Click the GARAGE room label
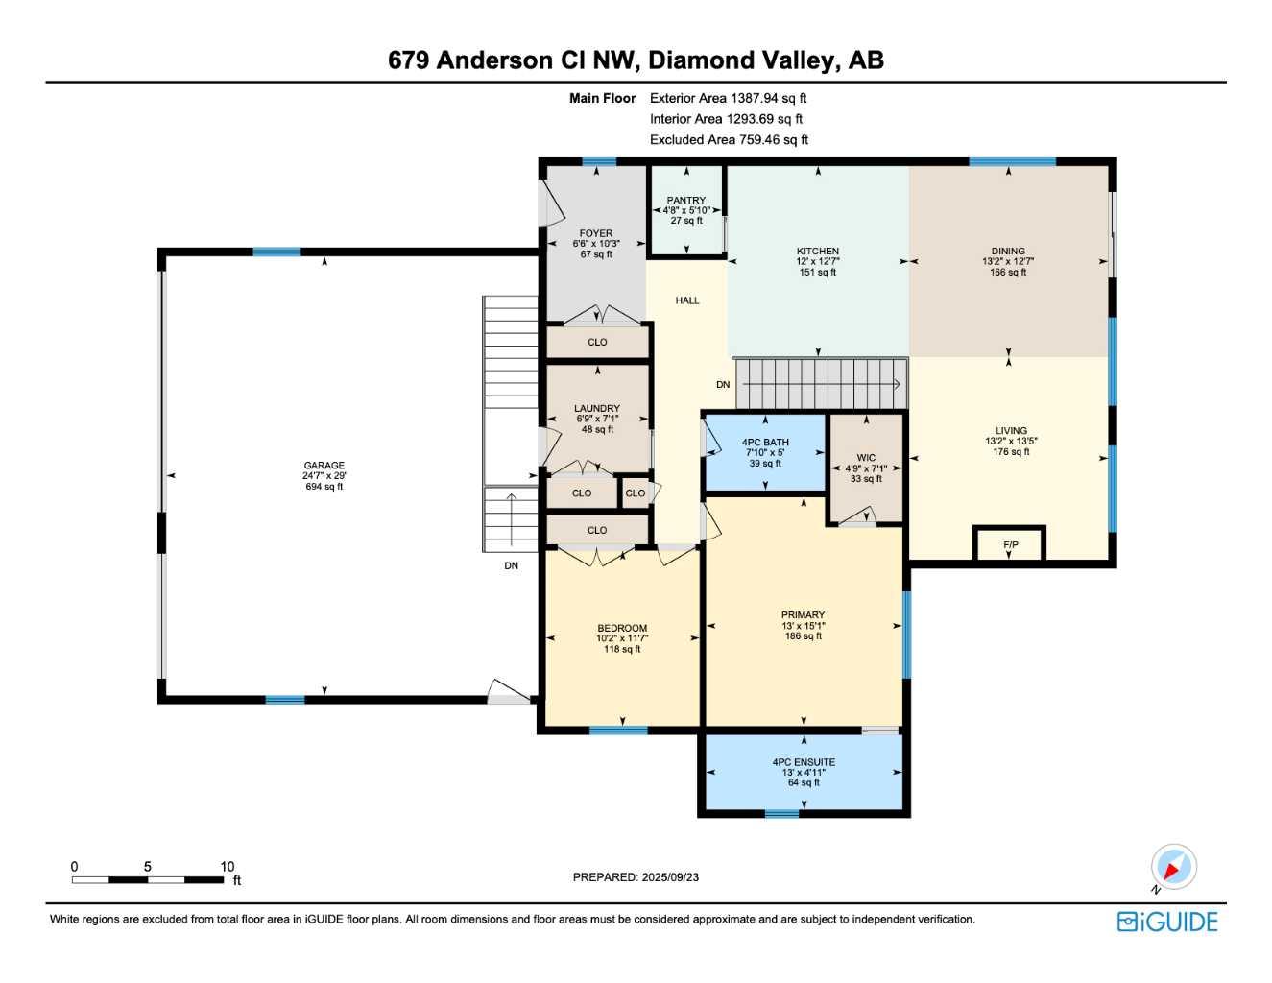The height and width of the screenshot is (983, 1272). [324, 466]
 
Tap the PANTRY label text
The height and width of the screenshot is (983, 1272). [685, 201]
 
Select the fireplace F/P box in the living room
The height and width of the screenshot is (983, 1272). [1010, 544]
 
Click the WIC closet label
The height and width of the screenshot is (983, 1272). [866, 458]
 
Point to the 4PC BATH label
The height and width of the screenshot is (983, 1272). [765, 443]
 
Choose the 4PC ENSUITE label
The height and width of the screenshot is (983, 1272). [804, 762]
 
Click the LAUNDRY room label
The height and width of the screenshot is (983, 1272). [597, 409]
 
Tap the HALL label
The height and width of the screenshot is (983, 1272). [687, 300]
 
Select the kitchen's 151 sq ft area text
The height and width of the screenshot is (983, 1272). [818, 273]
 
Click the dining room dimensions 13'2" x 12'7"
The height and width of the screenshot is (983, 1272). [1008, 262]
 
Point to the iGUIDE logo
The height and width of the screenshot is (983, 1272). [1167, 922]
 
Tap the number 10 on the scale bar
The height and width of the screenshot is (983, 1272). [228, 867]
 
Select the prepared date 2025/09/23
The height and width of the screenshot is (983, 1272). [670, 877]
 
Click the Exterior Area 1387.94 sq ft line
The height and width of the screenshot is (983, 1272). [728, 98]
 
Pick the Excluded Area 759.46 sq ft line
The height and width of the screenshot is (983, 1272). [729, 140]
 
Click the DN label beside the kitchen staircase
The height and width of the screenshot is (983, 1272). [723, 385]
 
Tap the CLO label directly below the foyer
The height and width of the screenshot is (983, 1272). [597, 343]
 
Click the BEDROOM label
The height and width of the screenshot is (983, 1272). [622, 629]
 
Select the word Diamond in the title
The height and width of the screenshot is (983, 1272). [701, 60]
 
